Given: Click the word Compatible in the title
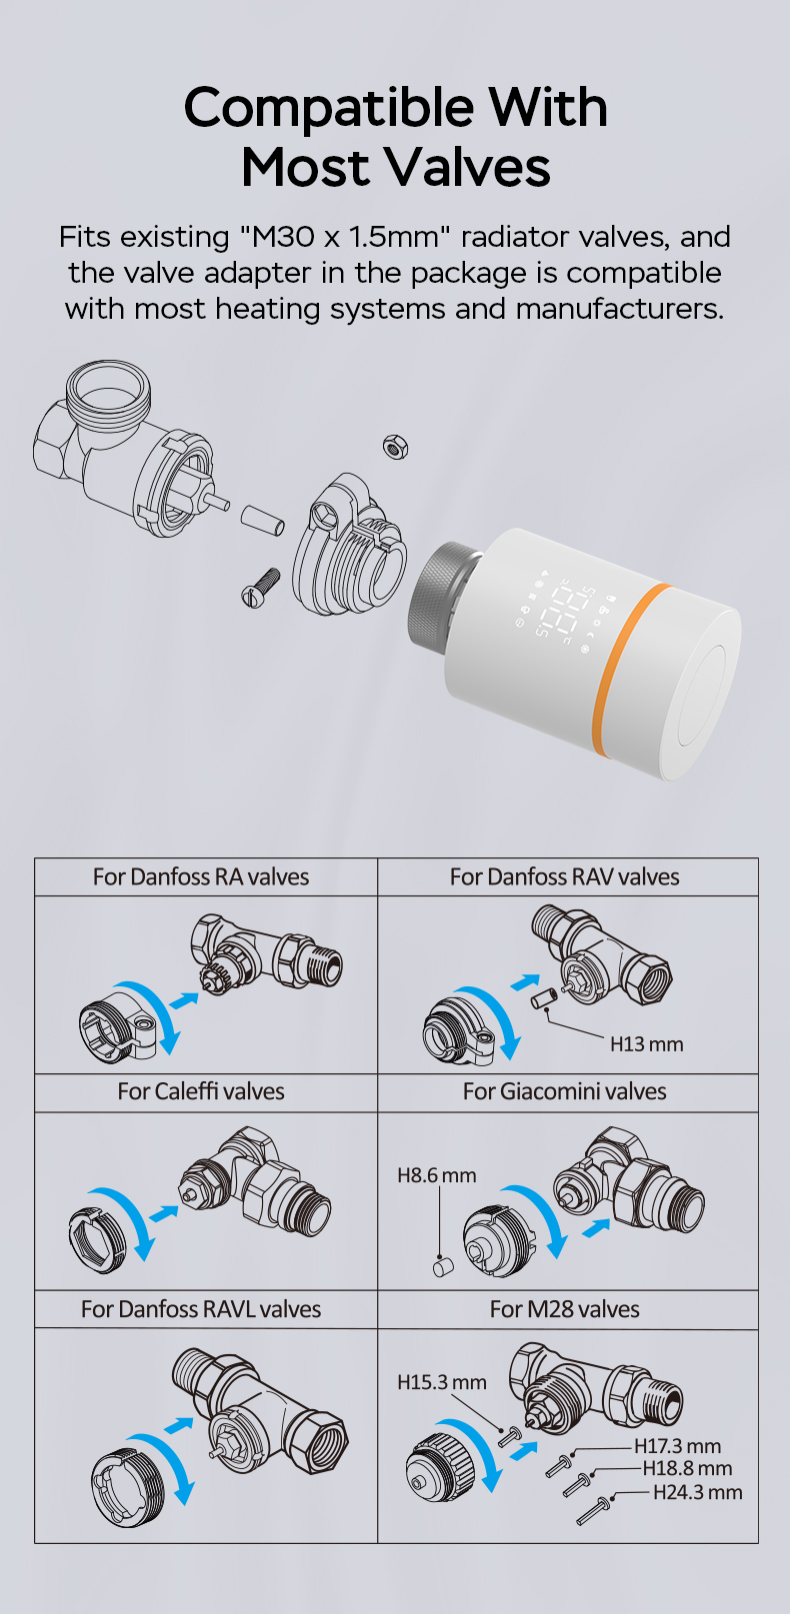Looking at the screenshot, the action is pyautogui.click(x=330, y=107).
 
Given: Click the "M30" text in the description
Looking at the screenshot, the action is pyautogui.click(x=268, y=237).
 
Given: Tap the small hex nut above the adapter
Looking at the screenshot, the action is pyautogui.click(x=396, y=447).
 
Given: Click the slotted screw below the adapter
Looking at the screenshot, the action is pyautogui.click(x=260, y=588).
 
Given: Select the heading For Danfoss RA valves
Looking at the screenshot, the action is pyautogui.click(x=201, y=876).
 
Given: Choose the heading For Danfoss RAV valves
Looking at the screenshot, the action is pyautogui.click(x=564, y=876).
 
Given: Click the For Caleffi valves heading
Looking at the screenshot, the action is pyautogui.click(x=201, y=1091).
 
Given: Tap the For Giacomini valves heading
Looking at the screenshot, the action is pyautogui.click(x=564, y=1091).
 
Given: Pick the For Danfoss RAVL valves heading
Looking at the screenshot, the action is pyautogui.click(x=201, y=1309).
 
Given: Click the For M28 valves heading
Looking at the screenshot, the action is pyautogui.click(x=564, y=1309).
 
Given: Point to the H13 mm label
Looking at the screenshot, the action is pyautogui.click(x=647, y=1044).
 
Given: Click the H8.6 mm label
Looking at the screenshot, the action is pyautogui.click(x=437, y=1175).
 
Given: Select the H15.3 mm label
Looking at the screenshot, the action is pyautogui.click(x=442, y=1382).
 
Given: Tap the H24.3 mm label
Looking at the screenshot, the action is pyautogui.click(x=698, y=1492).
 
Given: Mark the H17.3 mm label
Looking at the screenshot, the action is pyautogui.click(x=678, y=1446).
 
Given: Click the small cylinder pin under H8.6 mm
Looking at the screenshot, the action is pyautogui.click(x=443, y=1266).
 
